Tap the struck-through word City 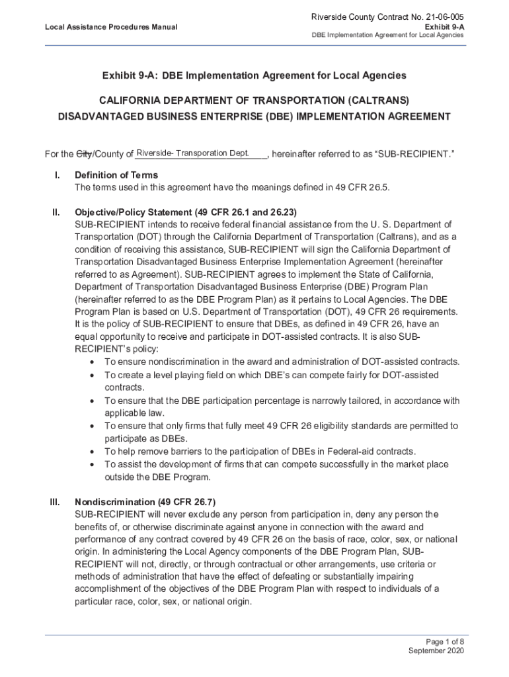point(84,155)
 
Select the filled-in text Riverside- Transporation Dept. point(192,153)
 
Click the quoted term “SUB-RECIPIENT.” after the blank point(414,155)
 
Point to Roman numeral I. point(58,175)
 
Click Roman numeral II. point(57,212)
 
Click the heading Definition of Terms point(116,175)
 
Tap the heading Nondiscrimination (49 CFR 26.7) point(145,501)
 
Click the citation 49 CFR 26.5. point(362,187)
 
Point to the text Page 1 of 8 point(445,641)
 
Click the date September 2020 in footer point(436,651)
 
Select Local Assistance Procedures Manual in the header point(111,27)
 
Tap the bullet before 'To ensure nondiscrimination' point(91,362)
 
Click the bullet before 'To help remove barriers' point(91,452)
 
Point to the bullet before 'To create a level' point(91,375)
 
